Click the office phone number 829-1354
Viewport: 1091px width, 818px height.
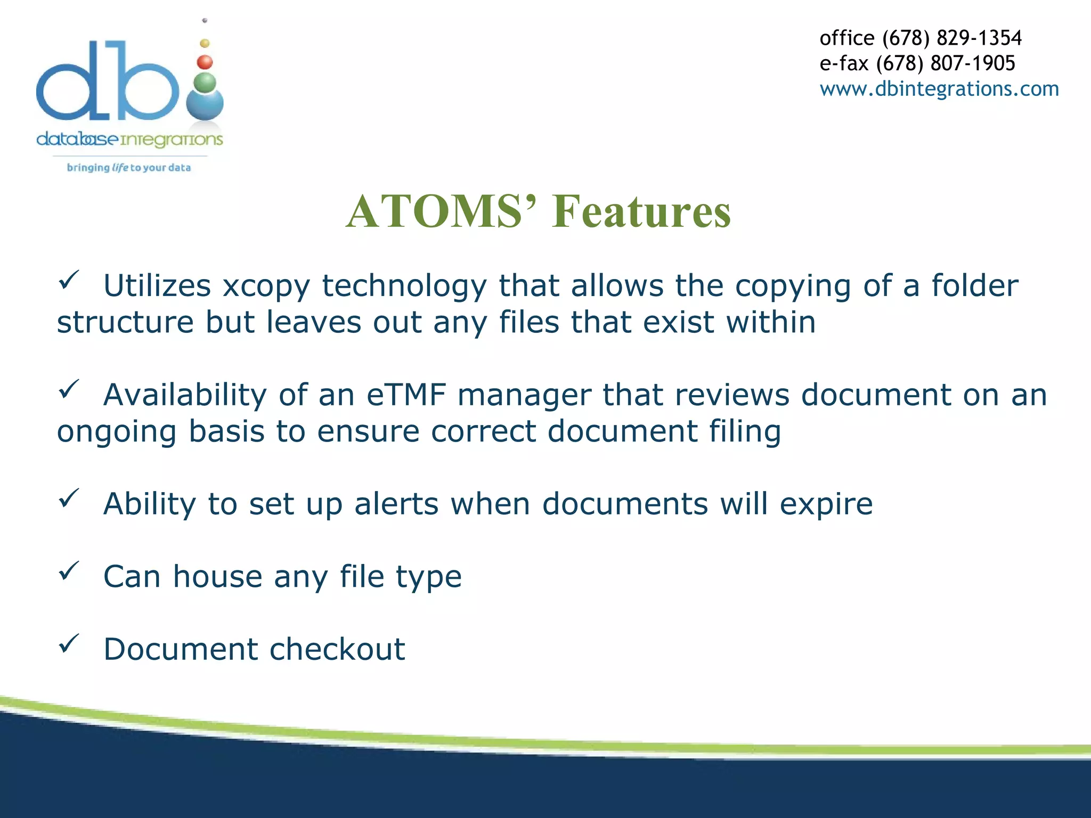(979, 38)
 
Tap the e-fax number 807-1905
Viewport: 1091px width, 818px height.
(973, 63)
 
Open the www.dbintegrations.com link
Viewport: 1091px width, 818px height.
(939, 88)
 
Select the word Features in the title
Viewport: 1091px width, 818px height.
(641, 211)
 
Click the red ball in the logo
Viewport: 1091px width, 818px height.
(205, 62)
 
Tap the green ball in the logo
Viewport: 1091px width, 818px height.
(205, 83)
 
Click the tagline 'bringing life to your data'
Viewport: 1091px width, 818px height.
(128, 168)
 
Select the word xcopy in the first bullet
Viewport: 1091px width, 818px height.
(266, 286)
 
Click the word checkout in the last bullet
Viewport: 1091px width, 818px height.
(337, 649)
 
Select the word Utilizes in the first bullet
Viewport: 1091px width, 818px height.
(157, 286)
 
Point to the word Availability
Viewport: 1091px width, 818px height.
(185, 395)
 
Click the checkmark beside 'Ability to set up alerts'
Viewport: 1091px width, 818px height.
(69, 498)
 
